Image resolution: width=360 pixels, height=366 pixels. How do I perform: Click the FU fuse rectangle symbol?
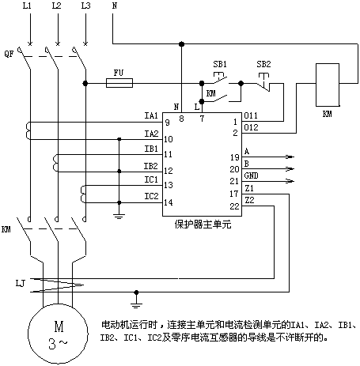coord(119,83)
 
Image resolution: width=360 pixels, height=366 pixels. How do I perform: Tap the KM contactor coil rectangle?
coord(328,85)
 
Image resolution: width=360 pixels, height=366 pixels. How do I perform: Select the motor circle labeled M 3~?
coord(58,334)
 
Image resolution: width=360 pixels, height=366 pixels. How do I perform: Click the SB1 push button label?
coord(220,64)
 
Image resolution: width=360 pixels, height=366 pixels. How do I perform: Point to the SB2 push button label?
coord(263,64)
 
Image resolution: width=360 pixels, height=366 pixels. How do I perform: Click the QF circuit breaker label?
coord(9,54)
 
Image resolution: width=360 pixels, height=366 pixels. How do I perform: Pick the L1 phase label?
coord(27,6)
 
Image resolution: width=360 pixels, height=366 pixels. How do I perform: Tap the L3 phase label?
coord(85,6)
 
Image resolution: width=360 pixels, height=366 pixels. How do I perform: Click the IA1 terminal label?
coord(151,115)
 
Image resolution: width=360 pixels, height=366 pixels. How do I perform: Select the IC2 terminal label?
coord(151,196)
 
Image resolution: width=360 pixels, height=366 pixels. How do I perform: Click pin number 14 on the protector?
coord(169,202)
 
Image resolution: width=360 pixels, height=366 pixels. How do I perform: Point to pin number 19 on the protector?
coord(234,157)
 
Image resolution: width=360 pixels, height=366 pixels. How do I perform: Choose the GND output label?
coord(251,175)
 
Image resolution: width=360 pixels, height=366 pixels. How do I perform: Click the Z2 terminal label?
coord(249,200)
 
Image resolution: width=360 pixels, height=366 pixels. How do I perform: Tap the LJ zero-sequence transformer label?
coord(21,284)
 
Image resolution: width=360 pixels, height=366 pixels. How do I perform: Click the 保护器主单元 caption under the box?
coord(203,225)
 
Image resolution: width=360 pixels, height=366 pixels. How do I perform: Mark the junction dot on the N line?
coord(181,43)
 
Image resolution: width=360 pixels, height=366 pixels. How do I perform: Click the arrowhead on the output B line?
coord(290,168)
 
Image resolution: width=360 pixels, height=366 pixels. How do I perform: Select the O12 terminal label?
coord(251,127)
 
